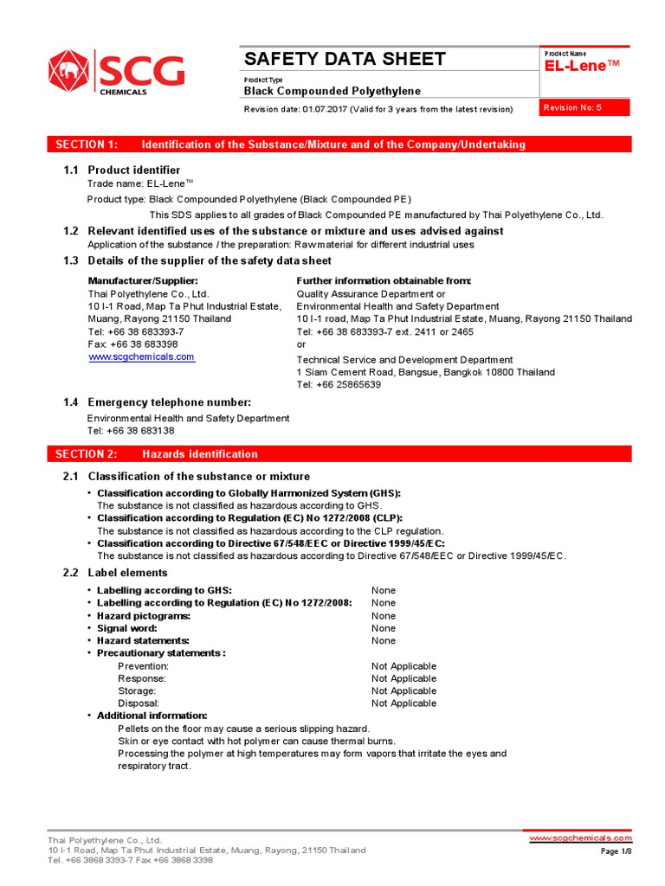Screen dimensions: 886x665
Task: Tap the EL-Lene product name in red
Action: click(x=584, y=67)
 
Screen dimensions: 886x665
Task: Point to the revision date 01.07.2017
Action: click(x=325, y=109)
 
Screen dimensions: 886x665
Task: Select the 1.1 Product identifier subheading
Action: click(x=134, y=170)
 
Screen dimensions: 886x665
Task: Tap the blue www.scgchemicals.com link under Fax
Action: click(x=141, y=356)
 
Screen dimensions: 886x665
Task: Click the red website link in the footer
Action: click(x=580, y=838)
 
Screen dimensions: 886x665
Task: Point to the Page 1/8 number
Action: click(x=616, y=852)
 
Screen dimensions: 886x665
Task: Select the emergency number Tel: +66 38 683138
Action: click(x=131, y=431)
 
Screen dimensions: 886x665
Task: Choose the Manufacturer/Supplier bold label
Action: click(x=143, y=281)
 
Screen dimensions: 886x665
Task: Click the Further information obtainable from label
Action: click(x=384, y=281)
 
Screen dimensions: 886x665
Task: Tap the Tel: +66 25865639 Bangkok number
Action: click(x=339, y=385)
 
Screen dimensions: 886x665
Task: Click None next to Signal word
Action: click(x=384, y=628)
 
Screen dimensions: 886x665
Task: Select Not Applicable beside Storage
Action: click(x=404, y=691)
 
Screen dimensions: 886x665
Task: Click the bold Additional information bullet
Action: click(x=152, y=716)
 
